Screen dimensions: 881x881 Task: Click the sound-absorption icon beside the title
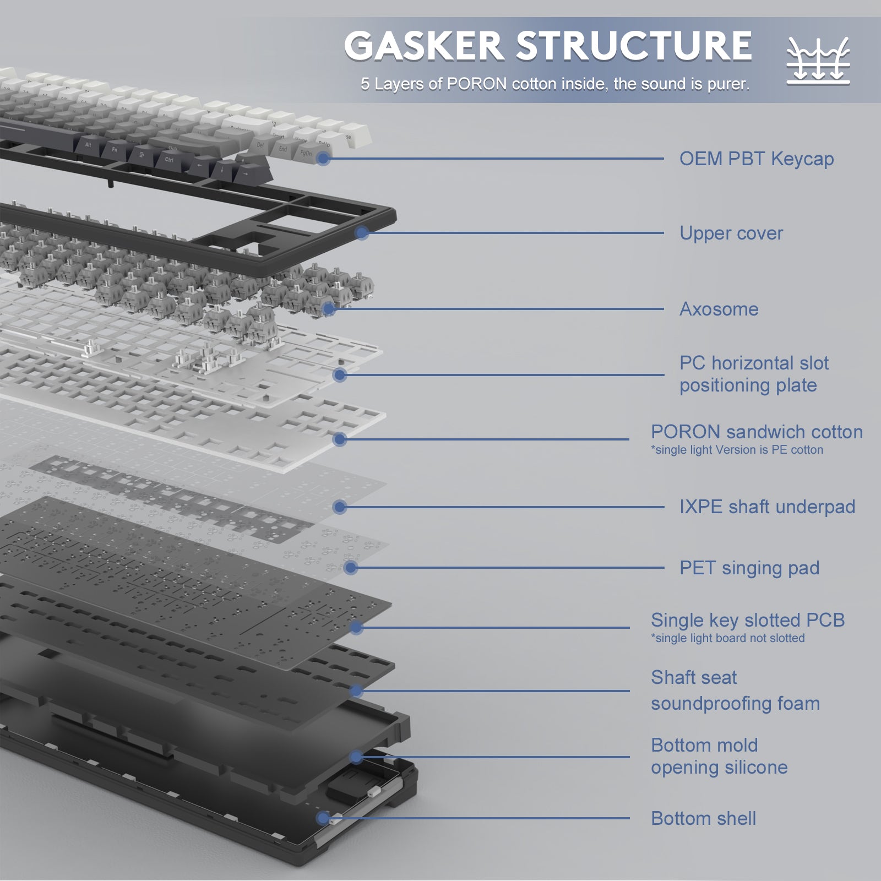tap(818, 61)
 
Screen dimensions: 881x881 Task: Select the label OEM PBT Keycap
tap(756, 159)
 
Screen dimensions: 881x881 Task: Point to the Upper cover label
tap(731, 233)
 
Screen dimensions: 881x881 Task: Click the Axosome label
tap(719, 309)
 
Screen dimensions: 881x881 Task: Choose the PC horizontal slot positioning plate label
tap(753, 374)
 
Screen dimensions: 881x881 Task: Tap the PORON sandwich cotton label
tap(756, 432)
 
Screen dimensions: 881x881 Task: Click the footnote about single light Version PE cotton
tap(737, 450)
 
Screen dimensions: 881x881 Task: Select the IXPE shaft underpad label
tap(767, 507)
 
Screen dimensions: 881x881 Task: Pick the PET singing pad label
tap(749, 568)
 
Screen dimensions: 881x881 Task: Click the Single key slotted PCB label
tap(747, 621)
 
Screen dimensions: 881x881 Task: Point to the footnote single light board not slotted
tap(727, 638)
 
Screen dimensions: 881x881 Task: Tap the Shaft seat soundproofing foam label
tap(735, 690)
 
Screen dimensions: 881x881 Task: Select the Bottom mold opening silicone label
tap(719, 757)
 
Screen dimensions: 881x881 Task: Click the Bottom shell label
tap(703, 819)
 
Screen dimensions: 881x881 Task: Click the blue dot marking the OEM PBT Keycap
tap(323, 159)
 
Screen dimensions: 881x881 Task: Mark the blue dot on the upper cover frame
tap(362, 233)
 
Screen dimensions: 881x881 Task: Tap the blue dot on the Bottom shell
tap(323, 818)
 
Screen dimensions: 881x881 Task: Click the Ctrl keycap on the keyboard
tap(169, 160)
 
